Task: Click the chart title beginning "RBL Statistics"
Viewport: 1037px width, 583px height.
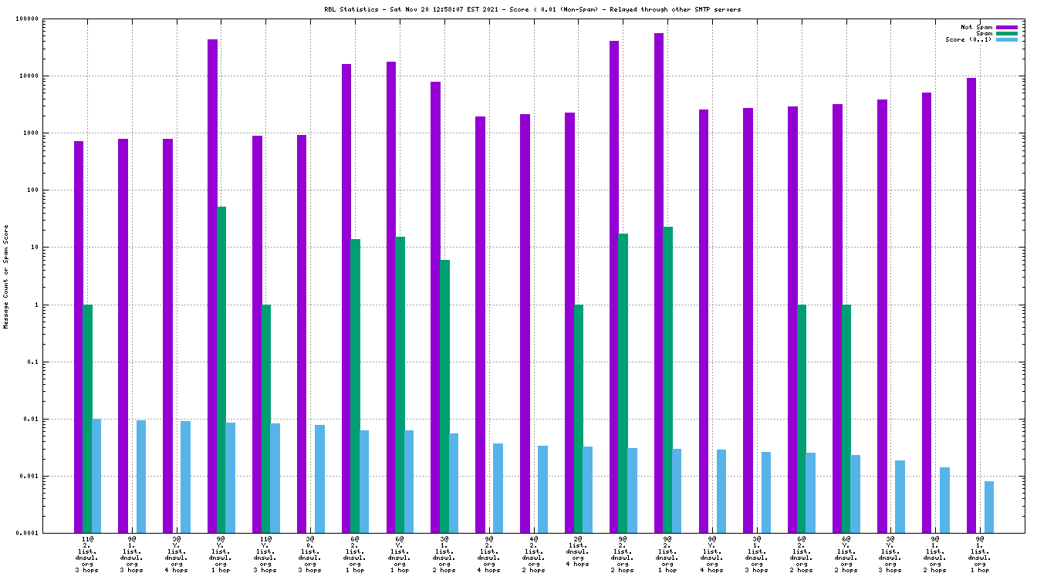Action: pyautogui.click(x=522, y=9)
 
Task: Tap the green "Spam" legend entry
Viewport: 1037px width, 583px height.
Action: pyautogui.click(x=984, y=33)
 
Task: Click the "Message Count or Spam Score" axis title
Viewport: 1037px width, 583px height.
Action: pyautogui.click(x=6, y=277)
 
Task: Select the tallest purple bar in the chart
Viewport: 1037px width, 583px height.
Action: pyautogui.click(x=659, y=282)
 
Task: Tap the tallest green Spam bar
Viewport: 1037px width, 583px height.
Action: pyautogui.click(x=221, y=369)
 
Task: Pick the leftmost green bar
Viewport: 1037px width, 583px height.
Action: pyautogui.click(x=87, y=419)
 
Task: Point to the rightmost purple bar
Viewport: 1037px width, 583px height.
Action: pyautogui.click(x=971, y=305)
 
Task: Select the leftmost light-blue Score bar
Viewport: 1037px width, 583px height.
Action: pyautogui.click(x=96, y=476)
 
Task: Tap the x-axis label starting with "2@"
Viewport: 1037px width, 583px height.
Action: pyautogui.click(x=578, y=551)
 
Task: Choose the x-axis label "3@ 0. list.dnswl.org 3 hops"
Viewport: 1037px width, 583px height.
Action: pyautogui.click(x=309, y=554)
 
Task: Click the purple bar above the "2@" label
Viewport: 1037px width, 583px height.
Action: pyautogui.click(x=569, y=322)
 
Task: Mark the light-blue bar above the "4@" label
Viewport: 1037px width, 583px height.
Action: pyautogui.click(x=542, y=489)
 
